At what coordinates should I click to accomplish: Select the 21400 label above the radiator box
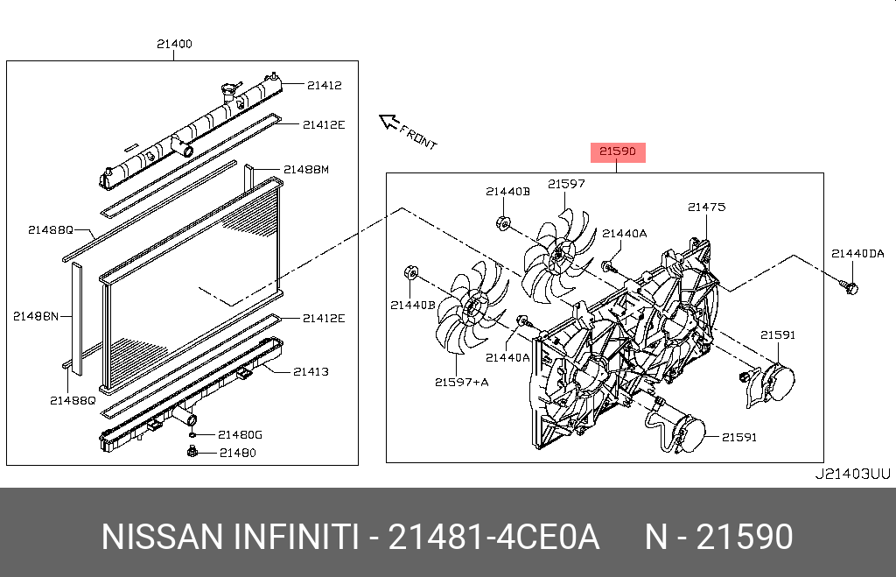pos(174,44)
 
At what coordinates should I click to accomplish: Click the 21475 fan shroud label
pos(706,208)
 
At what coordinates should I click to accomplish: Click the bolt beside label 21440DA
pos(850,286)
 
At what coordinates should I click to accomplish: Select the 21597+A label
pos(461,381)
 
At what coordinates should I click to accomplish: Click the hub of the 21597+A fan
pos(475,306)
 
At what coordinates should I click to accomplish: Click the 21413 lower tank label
pos(311,371)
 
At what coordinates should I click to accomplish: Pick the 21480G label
pos(240,434)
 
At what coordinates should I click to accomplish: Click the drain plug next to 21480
pos(192,452)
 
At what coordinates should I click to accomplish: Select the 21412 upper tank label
pos(324,85)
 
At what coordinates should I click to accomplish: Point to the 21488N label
pos(35,315)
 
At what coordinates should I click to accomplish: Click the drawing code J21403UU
pos(851,475)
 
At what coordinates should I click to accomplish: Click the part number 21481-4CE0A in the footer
pos(493,537)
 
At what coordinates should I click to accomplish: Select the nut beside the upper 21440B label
pos(504,223)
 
